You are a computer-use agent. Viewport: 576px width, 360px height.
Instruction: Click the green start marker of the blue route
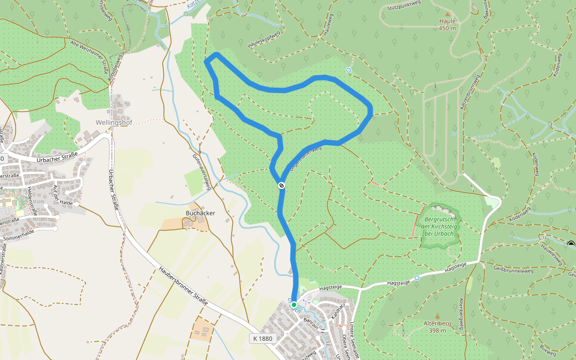[294, 305]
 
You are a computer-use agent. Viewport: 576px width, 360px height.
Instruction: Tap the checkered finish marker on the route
[281, 186]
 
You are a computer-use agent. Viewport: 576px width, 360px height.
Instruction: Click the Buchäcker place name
[201, 213]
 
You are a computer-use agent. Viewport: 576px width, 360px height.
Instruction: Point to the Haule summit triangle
[447, 13]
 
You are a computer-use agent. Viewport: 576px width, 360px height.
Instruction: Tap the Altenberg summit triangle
[437, 316]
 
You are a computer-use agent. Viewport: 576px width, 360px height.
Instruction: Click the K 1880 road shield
[263, 339]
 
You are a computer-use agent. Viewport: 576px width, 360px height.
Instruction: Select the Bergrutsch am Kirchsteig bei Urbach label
[441, 226]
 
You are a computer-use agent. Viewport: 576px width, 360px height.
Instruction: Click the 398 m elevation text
[438, 331]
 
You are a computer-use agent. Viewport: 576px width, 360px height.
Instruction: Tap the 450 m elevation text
[448, 28]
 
